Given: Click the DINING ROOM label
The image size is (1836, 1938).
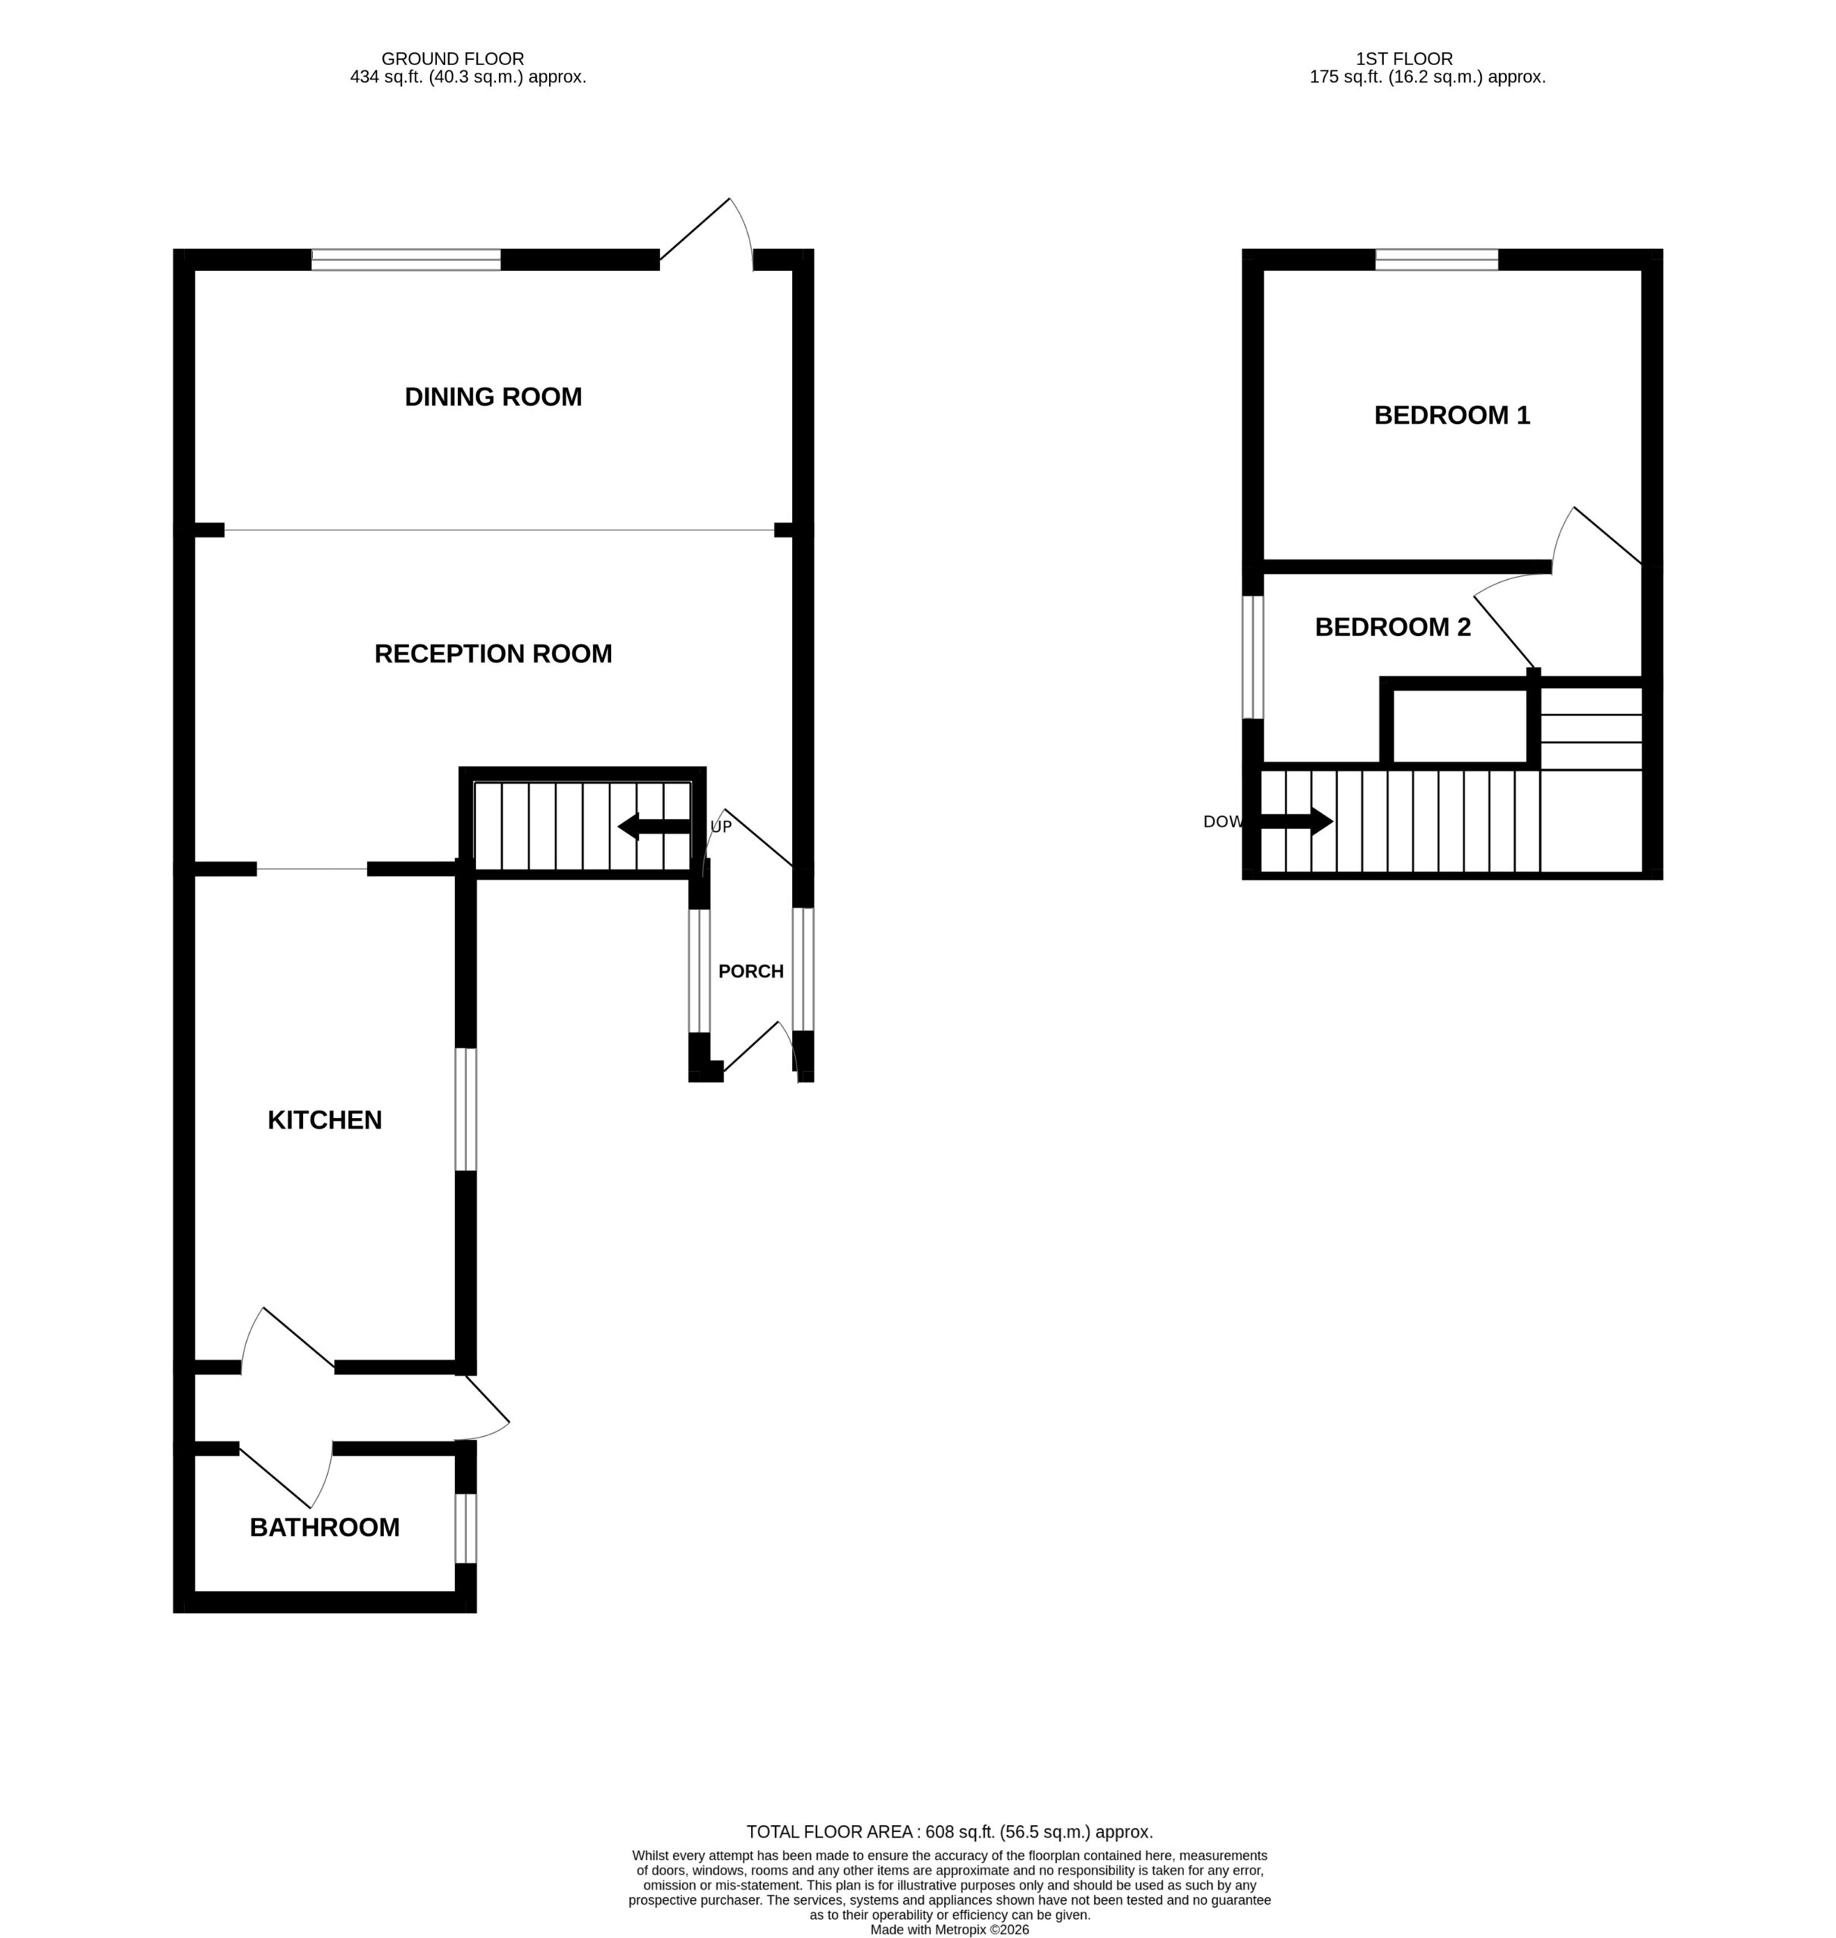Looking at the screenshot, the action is point(493,397).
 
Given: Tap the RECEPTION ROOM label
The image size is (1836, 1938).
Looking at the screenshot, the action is point(493,654).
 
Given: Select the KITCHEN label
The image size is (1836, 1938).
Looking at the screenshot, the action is point(325,1120).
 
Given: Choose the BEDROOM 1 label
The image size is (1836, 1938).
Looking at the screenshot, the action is point(1452,415).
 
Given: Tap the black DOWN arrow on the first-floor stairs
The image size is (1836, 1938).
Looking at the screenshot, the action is point(1295,821).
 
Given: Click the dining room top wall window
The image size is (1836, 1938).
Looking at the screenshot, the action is point(406,260).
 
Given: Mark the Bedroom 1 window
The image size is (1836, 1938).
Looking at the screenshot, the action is point(1437,260).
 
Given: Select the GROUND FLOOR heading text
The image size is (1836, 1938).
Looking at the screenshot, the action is point(452,59).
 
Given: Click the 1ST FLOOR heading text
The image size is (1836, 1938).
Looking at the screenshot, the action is point(1404,59).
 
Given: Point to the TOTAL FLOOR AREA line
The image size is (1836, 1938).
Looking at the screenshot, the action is point(949,1832).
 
